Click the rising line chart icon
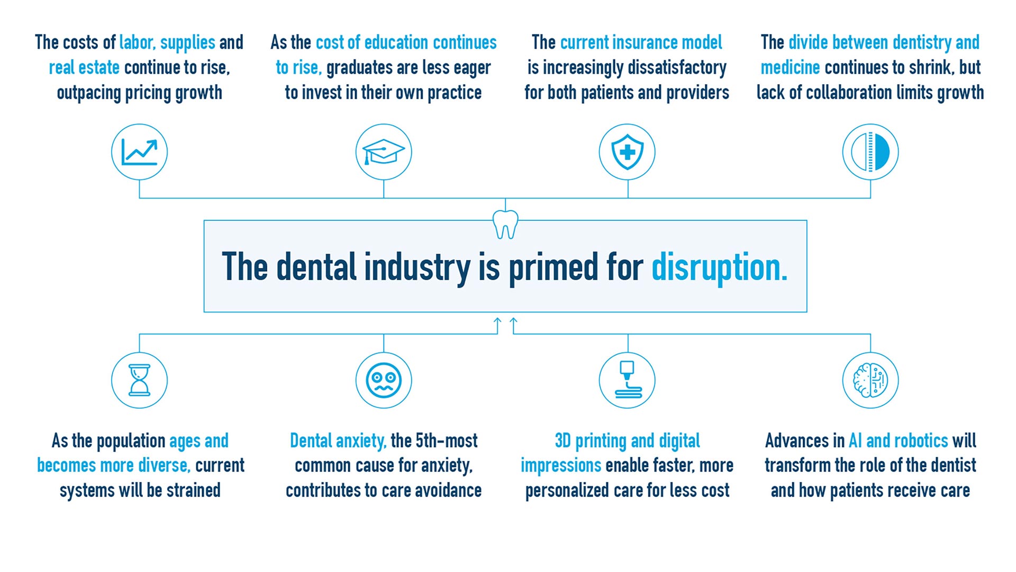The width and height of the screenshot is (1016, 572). coord(139,152)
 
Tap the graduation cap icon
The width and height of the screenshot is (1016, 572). coord(384,152)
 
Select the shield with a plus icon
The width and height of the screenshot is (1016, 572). coord(627,152)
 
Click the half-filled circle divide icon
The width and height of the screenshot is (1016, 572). coord(870,152)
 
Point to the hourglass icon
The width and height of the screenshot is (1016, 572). coord(139,380)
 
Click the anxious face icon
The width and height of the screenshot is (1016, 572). coord(384,380)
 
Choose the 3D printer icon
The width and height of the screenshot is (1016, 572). coord(627,380)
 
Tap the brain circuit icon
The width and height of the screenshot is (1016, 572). coord(870,380)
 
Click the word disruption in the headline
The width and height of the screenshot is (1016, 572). coord(719,267)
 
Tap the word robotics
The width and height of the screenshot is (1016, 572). coord(921,441)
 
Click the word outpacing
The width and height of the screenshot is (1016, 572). coord(88,93)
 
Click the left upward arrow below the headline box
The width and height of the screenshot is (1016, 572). coord(497,324)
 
